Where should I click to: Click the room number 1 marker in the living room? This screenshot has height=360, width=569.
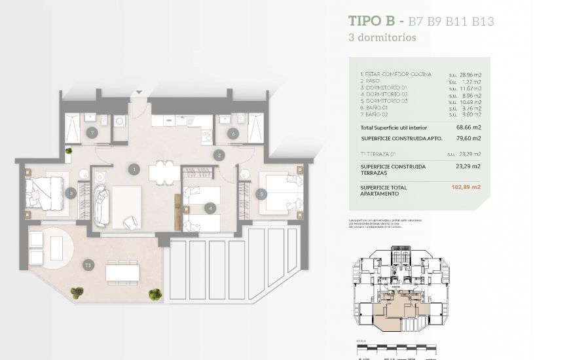pos(134,170)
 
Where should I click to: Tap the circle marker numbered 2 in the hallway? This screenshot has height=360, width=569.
pos(219,155)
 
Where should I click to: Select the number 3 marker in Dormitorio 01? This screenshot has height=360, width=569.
pos(70,192)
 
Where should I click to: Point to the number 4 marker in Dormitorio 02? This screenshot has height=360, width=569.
pos(210,209)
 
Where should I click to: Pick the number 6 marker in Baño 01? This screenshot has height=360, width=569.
pos(232,134)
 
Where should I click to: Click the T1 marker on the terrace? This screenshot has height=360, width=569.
pos(88,265)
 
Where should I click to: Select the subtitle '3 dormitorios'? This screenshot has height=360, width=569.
pos(382,37)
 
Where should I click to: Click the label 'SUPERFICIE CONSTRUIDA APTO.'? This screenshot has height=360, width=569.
pos(402,139)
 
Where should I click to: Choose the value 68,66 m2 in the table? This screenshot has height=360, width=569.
pos(468,127)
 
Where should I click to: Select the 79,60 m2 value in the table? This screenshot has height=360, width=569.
pos(468,139)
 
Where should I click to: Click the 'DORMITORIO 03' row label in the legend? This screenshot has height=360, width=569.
pos(386,101)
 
